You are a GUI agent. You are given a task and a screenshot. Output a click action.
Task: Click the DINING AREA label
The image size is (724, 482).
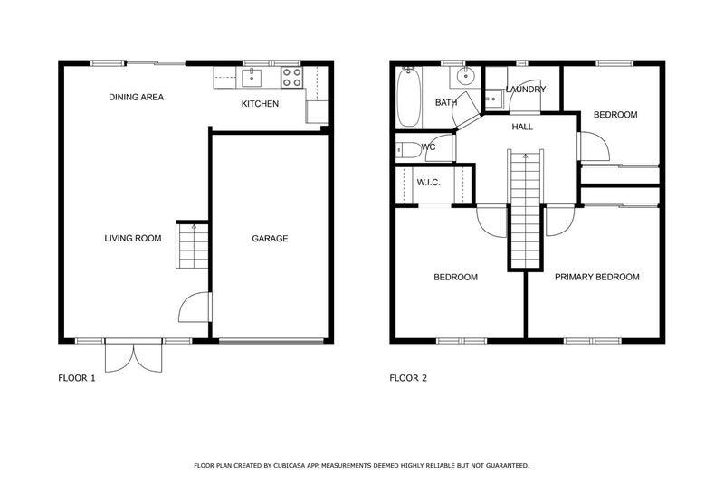(136, 97)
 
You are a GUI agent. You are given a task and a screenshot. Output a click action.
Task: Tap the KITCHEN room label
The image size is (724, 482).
(260, 104)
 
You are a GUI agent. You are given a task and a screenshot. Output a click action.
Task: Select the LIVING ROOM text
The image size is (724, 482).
(132, 239)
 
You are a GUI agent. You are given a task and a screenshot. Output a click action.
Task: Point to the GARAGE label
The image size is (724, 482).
(270, 239)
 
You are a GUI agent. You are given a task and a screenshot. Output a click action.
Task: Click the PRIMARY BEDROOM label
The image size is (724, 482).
(596, 277)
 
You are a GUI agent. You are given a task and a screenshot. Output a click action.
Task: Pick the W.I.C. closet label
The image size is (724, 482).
(428, 184)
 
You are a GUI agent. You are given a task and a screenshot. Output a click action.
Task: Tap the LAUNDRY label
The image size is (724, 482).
(525, 90)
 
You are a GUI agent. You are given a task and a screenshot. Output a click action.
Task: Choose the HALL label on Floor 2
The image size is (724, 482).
(522, 127)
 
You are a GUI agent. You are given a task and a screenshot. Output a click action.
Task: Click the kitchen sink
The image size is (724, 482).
(252, 77)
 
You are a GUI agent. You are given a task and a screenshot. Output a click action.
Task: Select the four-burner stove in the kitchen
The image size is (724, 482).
(291, 77)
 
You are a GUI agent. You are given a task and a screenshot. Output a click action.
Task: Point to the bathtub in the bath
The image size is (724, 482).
(408, 97)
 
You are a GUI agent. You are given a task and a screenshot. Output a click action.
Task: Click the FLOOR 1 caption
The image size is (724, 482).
(77, 378)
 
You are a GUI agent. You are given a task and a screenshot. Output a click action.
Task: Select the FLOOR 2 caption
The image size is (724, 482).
(408, 378)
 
